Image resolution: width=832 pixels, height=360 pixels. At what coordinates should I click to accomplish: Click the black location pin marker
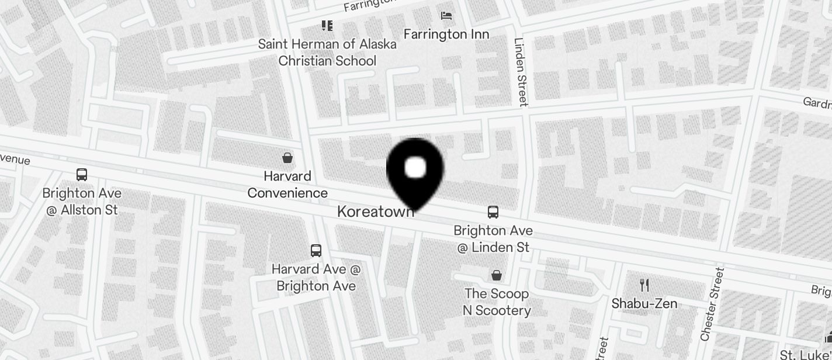click(415, 173)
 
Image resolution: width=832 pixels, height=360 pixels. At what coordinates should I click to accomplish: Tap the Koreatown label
click(376, 212)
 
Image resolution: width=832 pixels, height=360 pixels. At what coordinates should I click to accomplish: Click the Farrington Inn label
click(446, 34)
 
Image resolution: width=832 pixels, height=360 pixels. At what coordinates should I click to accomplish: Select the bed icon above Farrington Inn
click(446, 15)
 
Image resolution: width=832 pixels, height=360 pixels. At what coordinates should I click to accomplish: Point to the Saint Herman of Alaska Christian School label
click(327, 52)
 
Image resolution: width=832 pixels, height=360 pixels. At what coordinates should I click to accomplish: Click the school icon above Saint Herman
click(327, 25)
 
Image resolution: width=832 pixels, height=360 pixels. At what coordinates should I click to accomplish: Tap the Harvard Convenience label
click(287, 184)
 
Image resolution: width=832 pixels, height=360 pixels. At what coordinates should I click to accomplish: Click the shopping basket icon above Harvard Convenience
click(287, 158)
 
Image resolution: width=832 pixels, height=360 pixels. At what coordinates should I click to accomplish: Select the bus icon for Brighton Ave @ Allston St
click(82, 174)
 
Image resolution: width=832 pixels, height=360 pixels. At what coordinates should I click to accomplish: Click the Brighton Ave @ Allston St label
click(82, 201)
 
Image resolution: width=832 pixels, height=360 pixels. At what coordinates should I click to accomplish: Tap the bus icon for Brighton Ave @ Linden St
click(493, 212)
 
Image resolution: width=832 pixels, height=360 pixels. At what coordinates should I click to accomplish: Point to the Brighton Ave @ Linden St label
click(493, 239)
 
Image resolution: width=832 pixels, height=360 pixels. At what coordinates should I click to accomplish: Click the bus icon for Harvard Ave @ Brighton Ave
click(316, 251)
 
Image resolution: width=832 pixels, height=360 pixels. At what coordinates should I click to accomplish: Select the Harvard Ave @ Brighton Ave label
click(316, 278)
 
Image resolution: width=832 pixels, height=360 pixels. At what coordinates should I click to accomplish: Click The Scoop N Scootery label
click(497, 302)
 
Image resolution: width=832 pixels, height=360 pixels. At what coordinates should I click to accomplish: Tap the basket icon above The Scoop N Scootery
click(497, 275)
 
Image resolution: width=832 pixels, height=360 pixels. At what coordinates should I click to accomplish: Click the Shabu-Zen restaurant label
click(644, 303)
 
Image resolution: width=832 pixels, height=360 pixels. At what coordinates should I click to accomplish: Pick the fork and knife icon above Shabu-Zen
click(644, 285)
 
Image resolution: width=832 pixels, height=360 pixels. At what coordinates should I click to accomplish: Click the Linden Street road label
click(521, 72)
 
